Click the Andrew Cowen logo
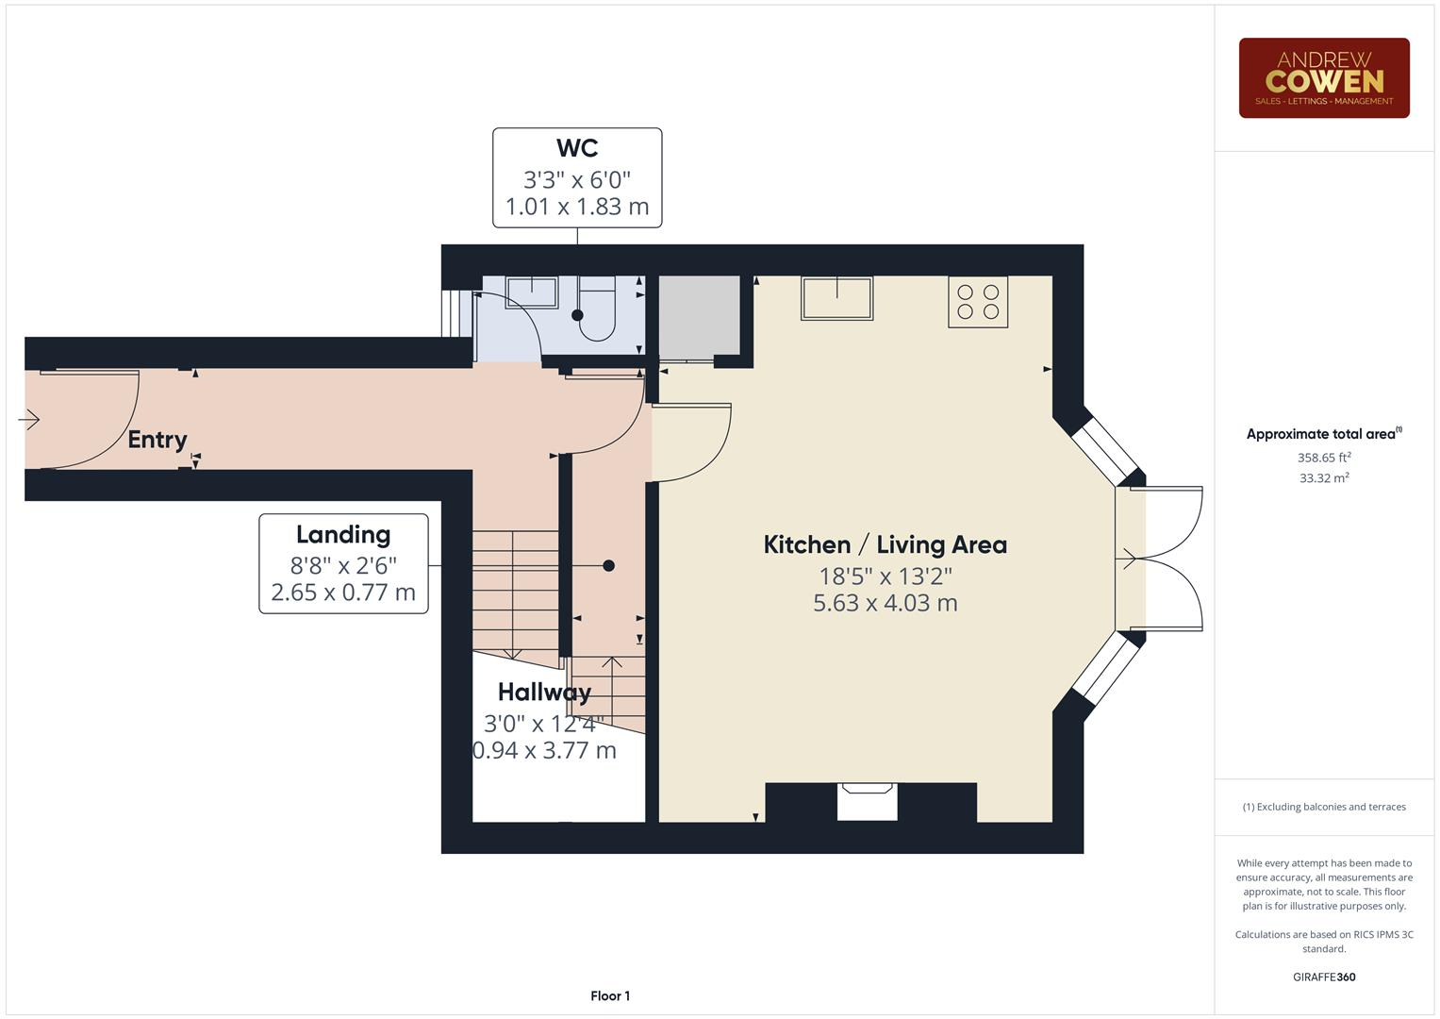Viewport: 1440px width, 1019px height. (x=1323, y=78)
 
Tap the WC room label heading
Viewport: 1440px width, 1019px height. (x=576, y=148)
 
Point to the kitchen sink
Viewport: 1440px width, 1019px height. (x=836, y=298)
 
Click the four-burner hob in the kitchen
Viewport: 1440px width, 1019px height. (x=978, y=302)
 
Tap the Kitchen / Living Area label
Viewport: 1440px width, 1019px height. (x=885, y=544)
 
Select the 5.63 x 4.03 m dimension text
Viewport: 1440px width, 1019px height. (x=885, y=603)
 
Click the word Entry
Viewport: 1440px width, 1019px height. (x=157, y=440)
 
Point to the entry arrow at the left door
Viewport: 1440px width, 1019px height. (x=29, y=419)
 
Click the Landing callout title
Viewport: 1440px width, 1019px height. (x=343, y=535)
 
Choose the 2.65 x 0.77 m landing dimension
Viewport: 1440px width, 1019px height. (x=343, y=593)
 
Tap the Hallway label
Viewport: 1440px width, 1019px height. (x=544, y=693)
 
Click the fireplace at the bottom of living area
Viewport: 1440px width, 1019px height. (x=868, y=801)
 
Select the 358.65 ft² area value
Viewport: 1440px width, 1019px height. (x=1323, y=458)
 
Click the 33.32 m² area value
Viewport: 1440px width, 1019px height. (x=1323, y=478)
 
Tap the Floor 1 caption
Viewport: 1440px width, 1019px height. (x=610, y=995)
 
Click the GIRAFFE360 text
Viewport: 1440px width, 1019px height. (x=1323, y=977)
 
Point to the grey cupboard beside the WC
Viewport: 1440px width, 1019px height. (x=699, y=317)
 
